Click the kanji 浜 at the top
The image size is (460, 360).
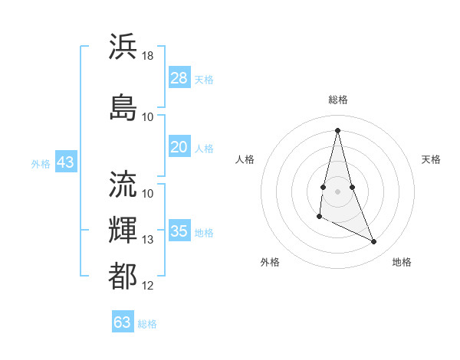tap(123, 46)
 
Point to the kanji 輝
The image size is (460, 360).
tap(123, 230)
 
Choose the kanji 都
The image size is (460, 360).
tap(123, 276)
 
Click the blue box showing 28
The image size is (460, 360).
tap(179, 78)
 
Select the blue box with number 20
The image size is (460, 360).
tap(179, 147)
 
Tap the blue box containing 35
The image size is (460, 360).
tap(179, 231)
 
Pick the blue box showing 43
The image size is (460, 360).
tap(65, 162)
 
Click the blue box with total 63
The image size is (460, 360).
tap(123, 322)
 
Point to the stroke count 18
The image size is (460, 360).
tap(148, 56)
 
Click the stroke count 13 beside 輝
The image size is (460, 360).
tap(148, 240)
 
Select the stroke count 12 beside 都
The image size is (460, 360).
tap(148, 286)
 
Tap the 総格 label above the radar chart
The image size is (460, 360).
tap(338, 100)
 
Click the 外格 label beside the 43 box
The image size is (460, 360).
tap(41, 163)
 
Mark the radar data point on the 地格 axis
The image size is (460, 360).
tap(374, 242)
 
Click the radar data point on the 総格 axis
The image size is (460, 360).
tap(338, 129)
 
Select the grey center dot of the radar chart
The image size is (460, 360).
tap(338, 190)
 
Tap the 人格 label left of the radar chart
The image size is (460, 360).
tap(245, 159)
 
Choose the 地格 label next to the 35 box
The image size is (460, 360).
tap(205, 232)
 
